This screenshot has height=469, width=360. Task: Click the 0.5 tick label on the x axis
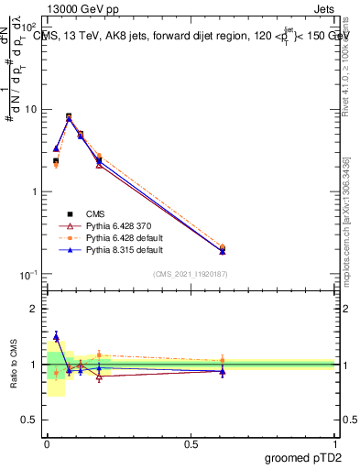coord(190,443)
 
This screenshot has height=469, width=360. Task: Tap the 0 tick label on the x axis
coord(47,443)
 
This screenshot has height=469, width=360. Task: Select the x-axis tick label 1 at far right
coord(334,443)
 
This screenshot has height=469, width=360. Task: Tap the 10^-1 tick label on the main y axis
coord(28,275)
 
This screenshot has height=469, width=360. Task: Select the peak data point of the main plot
coord(69,117)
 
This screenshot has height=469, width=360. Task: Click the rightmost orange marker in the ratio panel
coord(223,360)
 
